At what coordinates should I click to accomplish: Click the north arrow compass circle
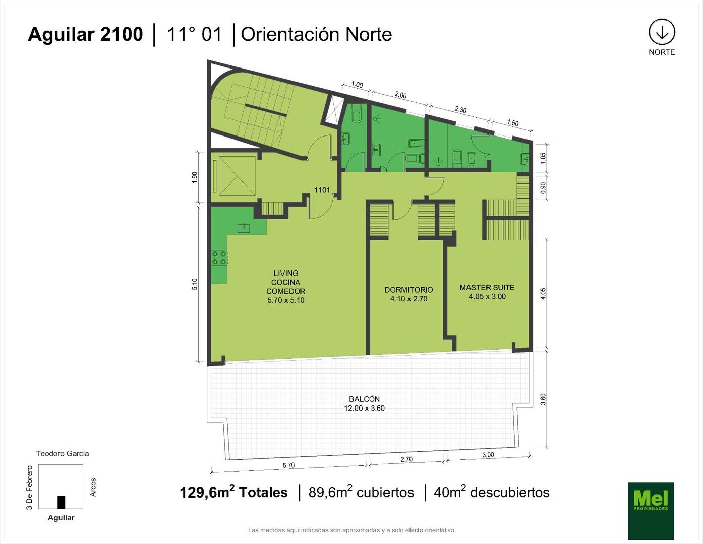tap(662, 32)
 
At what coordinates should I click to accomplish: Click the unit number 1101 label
tap(322, 190)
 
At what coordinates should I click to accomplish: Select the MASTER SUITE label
tap(487, 287)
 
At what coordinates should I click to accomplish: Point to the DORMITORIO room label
tap(408, 290)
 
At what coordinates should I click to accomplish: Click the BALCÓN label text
tap(364, 399)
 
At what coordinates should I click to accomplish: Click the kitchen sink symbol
tap(244, 228)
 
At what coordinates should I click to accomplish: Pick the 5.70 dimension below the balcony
tap(288, 465)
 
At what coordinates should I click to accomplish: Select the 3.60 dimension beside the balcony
tap(543, 399)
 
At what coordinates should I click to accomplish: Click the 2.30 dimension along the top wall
tap(460, 110)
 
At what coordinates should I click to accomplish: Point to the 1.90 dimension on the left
tap(195, 177)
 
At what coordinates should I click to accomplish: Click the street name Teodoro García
tap(63, 453)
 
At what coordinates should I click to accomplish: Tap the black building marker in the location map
tap(62, 502)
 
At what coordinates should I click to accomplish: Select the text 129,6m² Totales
tap(233, 493)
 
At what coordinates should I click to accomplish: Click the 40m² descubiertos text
tap(492, 493)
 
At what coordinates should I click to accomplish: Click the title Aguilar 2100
tap(85, 34)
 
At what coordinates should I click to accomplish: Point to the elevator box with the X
tap(237, 176)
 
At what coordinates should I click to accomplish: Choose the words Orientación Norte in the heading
tap(316, 34)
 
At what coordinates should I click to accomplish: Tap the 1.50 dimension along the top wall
tap(513, 123)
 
